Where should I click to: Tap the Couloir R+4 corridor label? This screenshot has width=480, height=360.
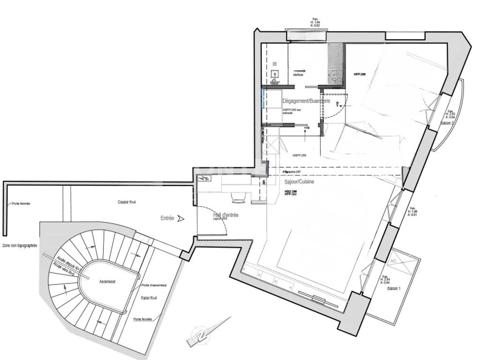127,202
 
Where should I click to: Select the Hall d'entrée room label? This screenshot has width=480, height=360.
226,215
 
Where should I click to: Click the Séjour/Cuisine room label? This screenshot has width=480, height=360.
299,182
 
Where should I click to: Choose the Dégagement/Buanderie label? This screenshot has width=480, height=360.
306,101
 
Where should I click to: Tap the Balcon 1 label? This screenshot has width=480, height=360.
394,289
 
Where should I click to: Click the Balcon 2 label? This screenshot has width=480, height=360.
447,123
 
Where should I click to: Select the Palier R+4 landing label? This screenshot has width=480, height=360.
149,298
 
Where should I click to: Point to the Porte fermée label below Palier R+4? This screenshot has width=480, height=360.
143,319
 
